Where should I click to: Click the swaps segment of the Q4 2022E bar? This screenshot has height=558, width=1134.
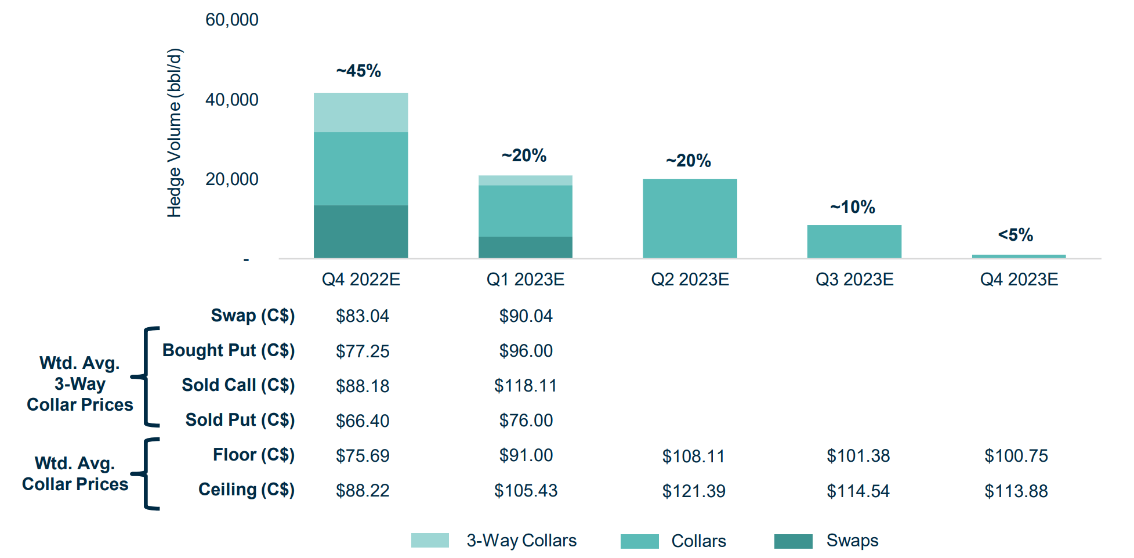click(361, 231)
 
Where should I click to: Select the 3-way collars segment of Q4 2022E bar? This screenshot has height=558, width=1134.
click(361, 113)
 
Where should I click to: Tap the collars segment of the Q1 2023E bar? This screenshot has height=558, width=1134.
click(525, 211)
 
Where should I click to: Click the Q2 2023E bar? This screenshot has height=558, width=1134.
click(690, 219)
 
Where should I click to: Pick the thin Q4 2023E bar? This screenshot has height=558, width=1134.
click(1019, 256)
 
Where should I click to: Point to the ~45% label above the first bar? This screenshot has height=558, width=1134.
click(358, 71)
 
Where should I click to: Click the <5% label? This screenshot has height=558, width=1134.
click(1015, 235)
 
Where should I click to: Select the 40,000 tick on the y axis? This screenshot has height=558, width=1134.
click(231, 100)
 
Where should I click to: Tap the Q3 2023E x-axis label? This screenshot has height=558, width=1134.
click(854, 280)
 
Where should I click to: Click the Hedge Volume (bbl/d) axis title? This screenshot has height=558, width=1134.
click(175, 133)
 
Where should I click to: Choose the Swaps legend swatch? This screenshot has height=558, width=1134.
click(793, 541)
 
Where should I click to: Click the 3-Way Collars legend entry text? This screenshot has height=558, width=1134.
click(521, 541)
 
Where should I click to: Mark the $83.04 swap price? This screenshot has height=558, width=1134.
click(362, 316)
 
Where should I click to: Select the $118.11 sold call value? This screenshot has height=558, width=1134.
click(525, 386)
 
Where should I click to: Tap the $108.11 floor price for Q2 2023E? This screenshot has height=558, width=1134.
click(693, 456)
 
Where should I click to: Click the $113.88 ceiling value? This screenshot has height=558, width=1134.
click(1016, 491)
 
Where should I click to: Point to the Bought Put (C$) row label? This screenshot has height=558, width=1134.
click(229, 350)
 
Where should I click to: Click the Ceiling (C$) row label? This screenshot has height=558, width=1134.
click(246, 490)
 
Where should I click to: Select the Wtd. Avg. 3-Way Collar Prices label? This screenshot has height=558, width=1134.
click(79, 383)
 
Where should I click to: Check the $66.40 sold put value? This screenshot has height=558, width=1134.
click(362, 421)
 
